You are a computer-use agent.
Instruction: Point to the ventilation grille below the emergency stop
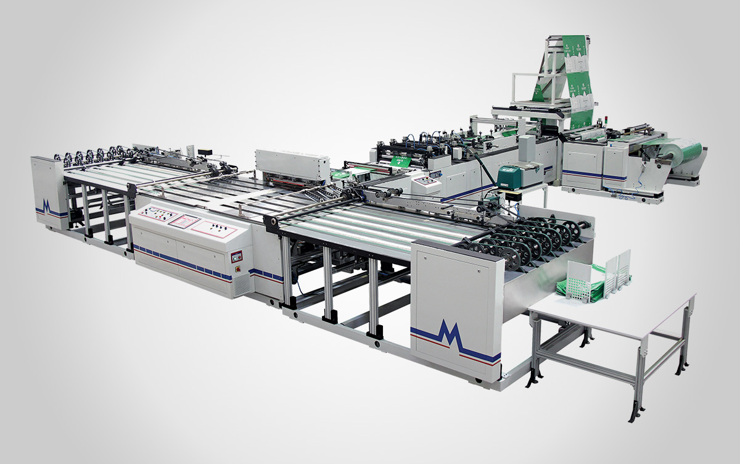242,283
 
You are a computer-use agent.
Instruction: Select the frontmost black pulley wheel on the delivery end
510,255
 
